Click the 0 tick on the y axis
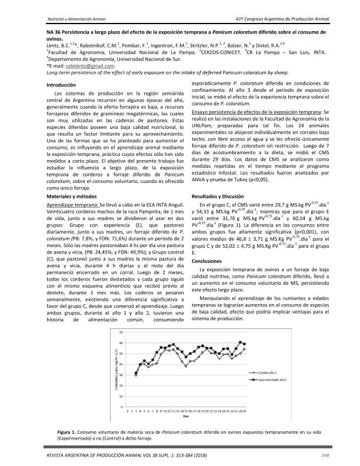coord(122,407)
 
